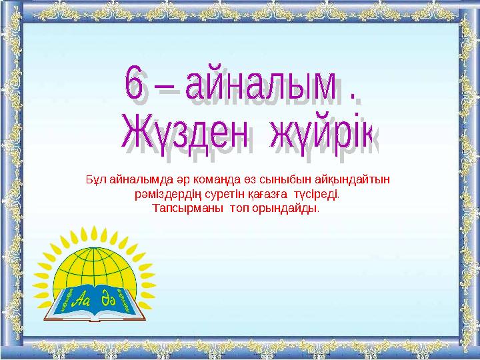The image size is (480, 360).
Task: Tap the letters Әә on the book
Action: pos(109,298)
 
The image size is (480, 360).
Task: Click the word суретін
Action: pos(213,196)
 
